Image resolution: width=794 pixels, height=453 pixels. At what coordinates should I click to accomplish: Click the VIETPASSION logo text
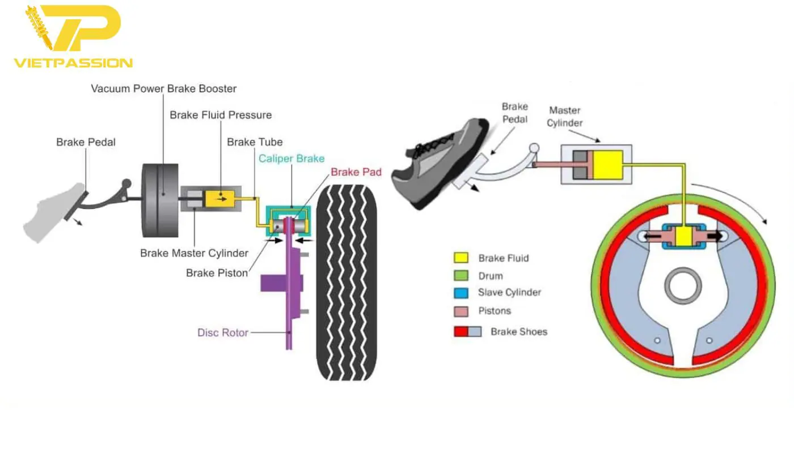click(x=72, y=62)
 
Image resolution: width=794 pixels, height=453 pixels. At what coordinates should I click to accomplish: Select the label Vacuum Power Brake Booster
click(x=163, y=89)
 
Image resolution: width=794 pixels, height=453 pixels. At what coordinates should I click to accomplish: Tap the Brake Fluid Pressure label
click(x=221, y=115)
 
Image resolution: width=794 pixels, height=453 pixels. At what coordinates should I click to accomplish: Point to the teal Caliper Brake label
click(x=292, y=159)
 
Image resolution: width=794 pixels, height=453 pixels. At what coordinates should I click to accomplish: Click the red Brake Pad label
click(x=356, y=172)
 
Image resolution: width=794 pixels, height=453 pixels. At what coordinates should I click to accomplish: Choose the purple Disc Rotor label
click(x=222, y=332)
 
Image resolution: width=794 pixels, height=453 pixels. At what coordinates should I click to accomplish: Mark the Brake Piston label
click(x=217, y=273)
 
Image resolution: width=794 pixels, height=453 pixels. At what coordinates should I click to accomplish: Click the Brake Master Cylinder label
click(x=194, y=253)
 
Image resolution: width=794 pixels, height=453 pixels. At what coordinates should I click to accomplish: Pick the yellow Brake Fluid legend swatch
click(x=460, y=258)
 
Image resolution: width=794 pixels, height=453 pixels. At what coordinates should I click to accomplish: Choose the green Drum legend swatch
click(x=460, y=276)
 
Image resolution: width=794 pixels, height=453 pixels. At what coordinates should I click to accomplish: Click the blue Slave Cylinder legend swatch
click(x=460, y=293)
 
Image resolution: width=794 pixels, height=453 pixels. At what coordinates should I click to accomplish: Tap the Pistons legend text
click(x=495, y=311)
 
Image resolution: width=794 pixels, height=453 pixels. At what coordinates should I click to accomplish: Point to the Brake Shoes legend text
click(x=519, y=332)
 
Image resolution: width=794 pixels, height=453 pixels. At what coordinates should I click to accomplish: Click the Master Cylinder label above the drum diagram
click(x=565, y=116)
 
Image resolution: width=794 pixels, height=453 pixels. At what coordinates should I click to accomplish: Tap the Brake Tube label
click(x=255, y=142)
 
